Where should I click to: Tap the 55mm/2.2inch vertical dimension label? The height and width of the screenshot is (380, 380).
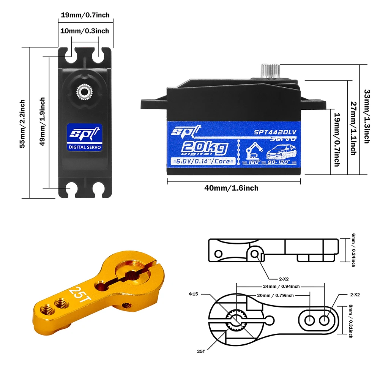coord(22,124)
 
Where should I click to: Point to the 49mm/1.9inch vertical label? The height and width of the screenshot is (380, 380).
coord(43,121)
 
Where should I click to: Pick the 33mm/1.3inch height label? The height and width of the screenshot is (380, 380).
coord(366,116)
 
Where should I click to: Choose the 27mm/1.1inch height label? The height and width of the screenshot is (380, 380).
coord(353,128)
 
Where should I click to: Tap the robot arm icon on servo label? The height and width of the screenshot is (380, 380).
coord(251,151)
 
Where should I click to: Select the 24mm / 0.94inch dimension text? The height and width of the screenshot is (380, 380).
coord(280,287)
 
